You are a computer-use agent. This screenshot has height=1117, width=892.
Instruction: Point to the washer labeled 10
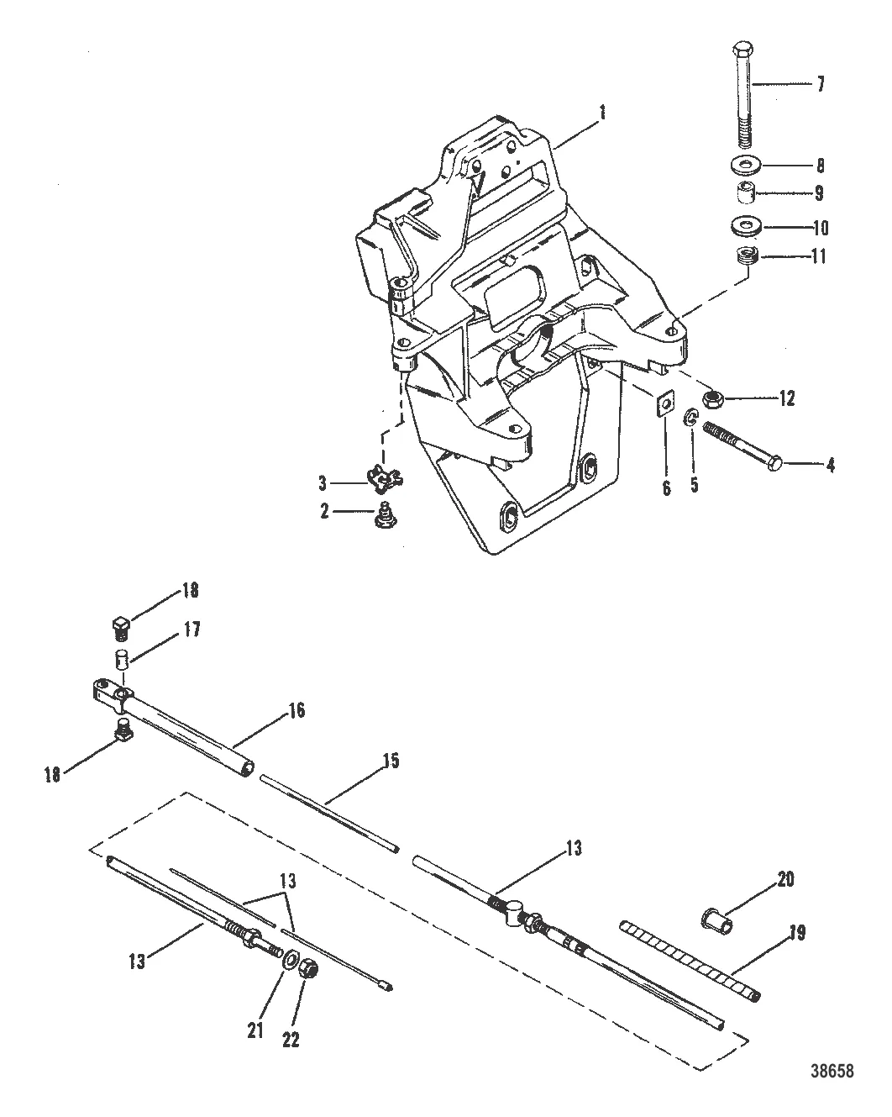pyautogui.click(x=746, y=226)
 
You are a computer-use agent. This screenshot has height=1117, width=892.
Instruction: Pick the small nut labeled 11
pyautogui.click(x=746, y=256)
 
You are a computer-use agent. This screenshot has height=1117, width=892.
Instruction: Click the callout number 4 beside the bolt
pyautogui.click(x=829, y=464)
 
